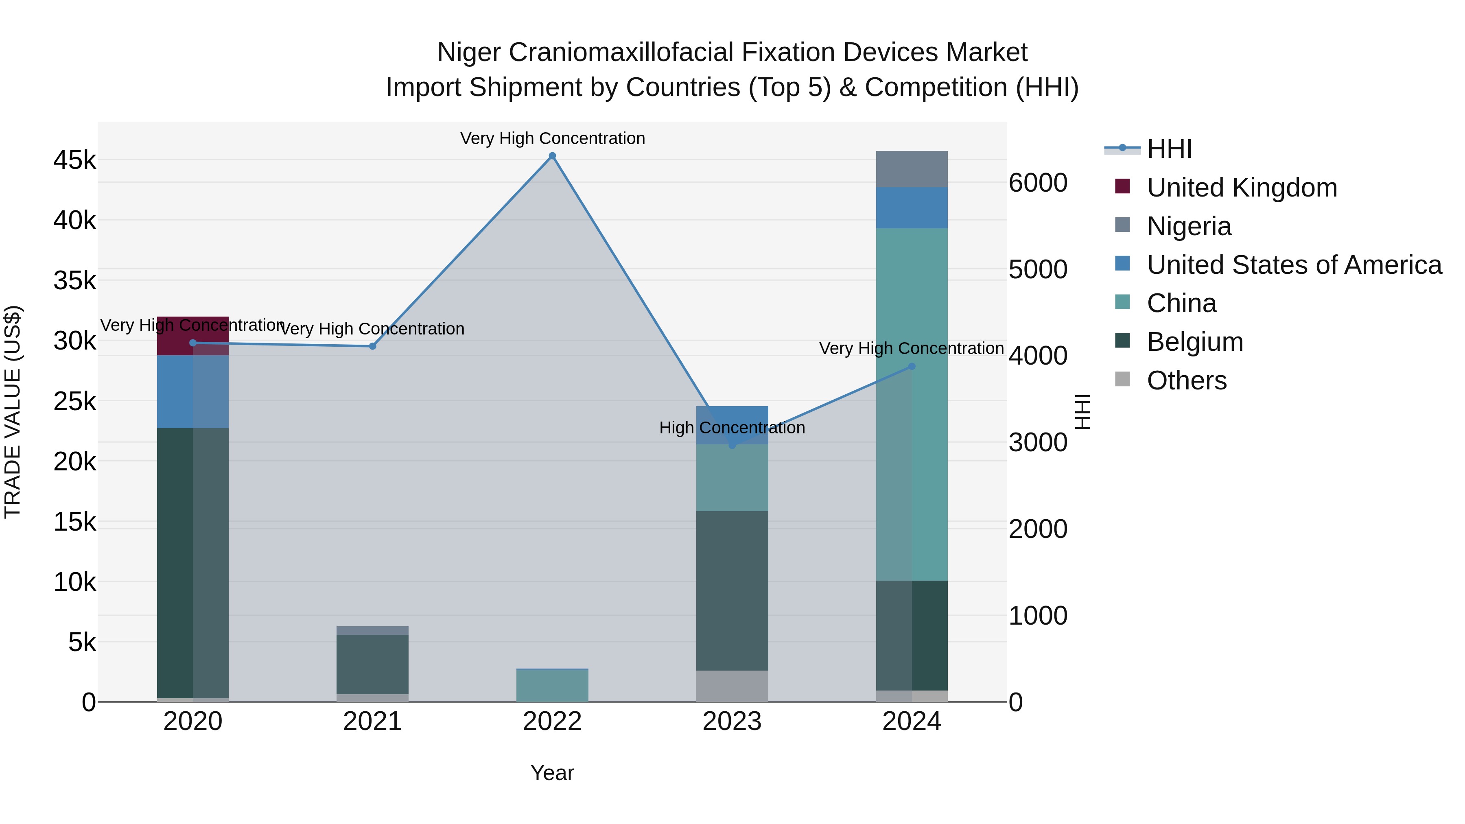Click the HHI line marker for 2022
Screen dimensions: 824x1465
point(552,156)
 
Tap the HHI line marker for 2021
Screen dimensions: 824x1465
point(372,346)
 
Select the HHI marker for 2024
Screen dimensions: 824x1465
point(912,367)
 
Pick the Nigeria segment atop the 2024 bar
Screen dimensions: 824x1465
point(912,169)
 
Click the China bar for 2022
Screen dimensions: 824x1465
point(552,686)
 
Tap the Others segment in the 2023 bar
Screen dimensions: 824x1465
point(732,686)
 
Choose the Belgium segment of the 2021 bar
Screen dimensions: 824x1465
point(372,664)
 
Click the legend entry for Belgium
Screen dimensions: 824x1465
point(1194,342)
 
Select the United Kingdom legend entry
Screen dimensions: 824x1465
point(1242,188)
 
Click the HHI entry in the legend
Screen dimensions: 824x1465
point(1169,149)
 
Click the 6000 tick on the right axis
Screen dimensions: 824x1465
point(1038,183)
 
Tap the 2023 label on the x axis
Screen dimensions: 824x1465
point(732,721)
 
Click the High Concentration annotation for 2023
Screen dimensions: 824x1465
point(732,428)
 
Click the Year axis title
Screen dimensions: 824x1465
point(552,773)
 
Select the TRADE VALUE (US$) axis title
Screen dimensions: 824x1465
point(13,412)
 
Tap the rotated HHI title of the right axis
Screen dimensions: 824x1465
point(1083,412)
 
